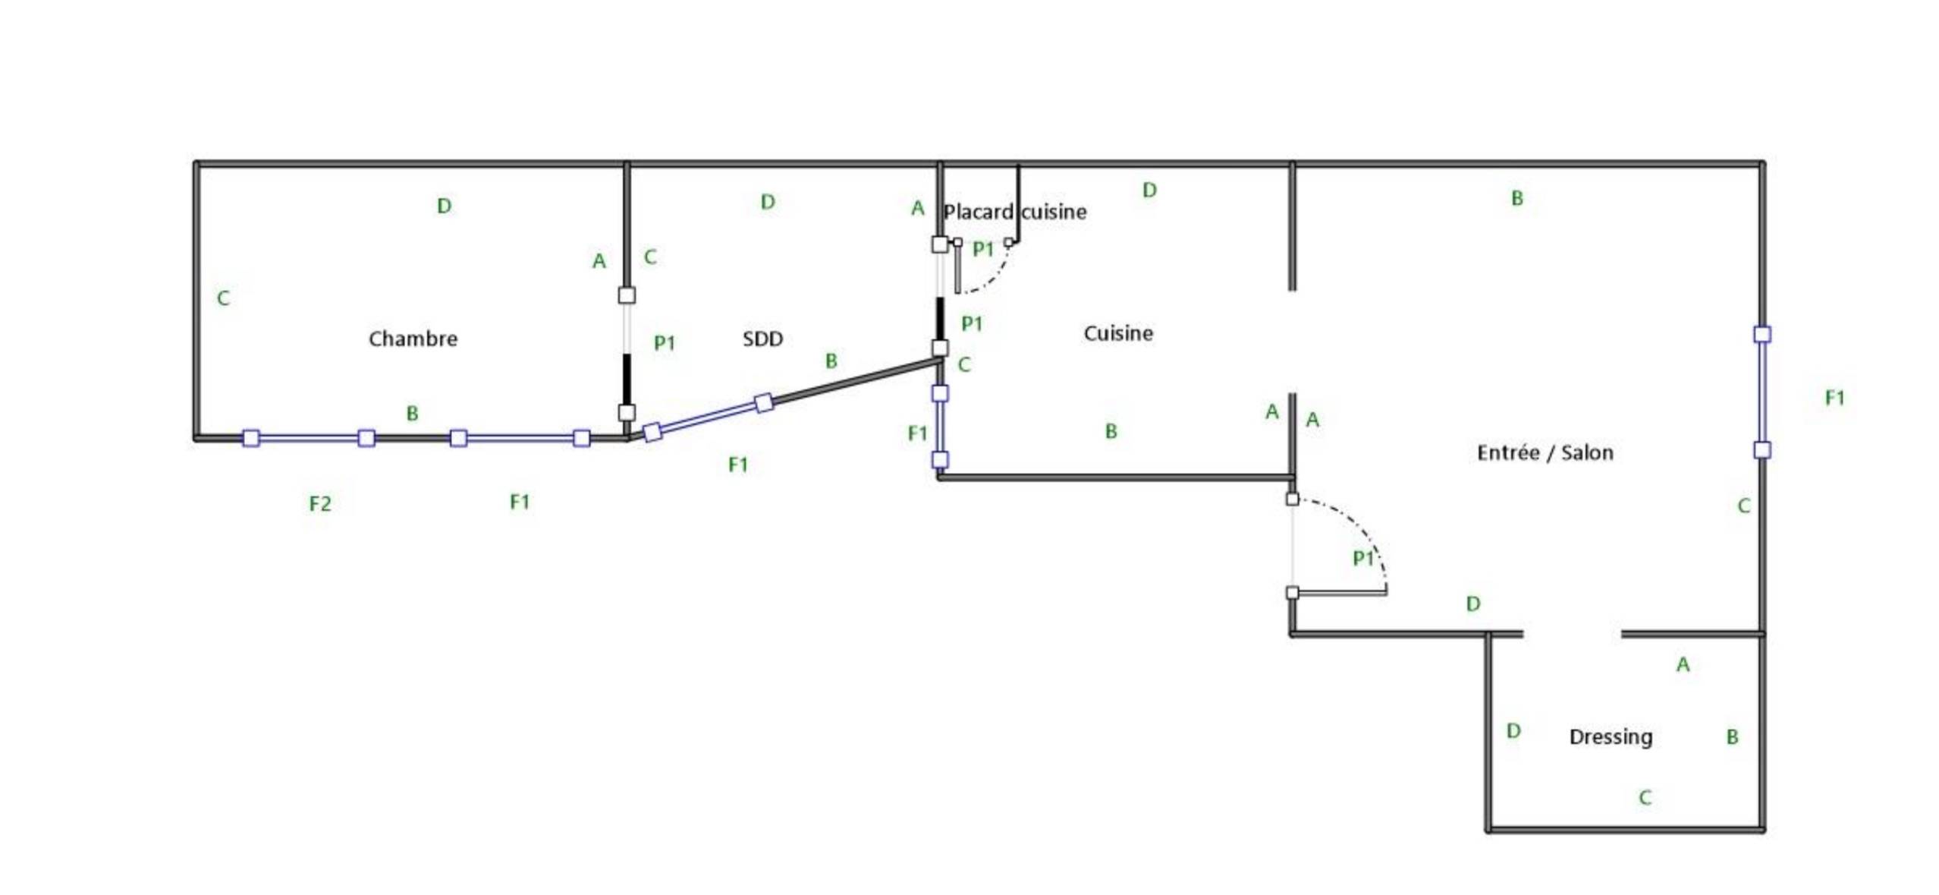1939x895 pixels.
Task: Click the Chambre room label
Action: click(413, 339)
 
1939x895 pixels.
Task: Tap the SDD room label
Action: click(762, 339)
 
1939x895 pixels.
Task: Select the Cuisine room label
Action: click(1118, 333)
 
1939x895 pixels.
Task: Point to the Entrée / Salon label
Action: click(1545, 452)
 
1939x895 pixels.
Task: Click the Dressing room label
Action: click(1611, 737)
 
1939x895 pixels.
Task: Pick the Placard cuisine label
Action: click(1014, 212)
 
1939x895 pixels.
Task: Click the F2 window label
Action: click(320, 503)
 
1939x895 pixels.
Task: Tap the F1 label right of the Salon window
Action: click(1834, 397)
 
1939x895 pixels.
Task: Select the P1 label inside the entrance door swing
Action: click(1363, 559)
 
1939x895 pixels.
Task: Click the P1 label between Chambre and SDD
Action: click(665, 343)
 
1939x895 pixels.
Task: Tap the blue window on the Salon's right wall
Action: click(1761, 392)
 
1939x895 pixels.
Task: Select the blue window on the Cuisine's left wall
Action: click(940, 426)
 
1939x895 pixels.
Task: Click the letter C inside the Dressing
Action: click(1645, 797)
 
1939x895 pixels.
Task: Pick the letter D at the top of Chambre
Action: click(445, 206)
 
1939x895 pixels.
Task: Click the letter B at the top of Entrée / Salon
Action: click(1516, 198)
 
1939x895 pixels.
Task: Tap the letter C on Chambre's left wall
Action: click(223, 298)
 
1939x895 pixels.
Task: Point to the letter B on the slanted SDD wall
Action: click(831, 361)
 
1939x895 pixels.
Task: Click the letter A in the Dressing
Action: click(1683, 665)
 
